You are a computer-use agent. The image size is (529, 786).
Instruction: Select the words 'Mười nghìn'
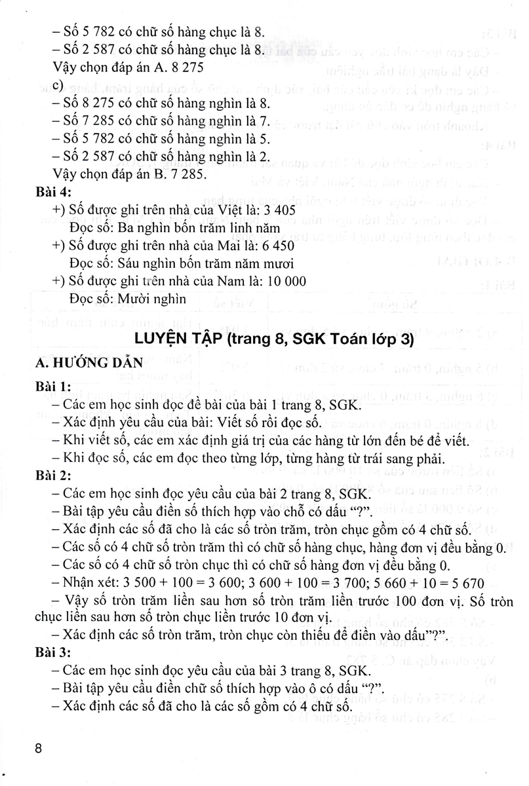coord(155,298)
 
